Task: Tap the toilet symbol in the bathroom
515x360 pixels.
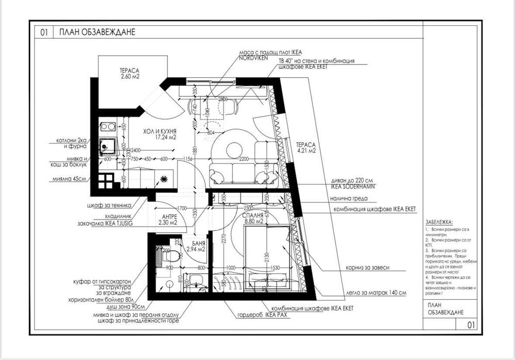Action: [173, 255]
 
